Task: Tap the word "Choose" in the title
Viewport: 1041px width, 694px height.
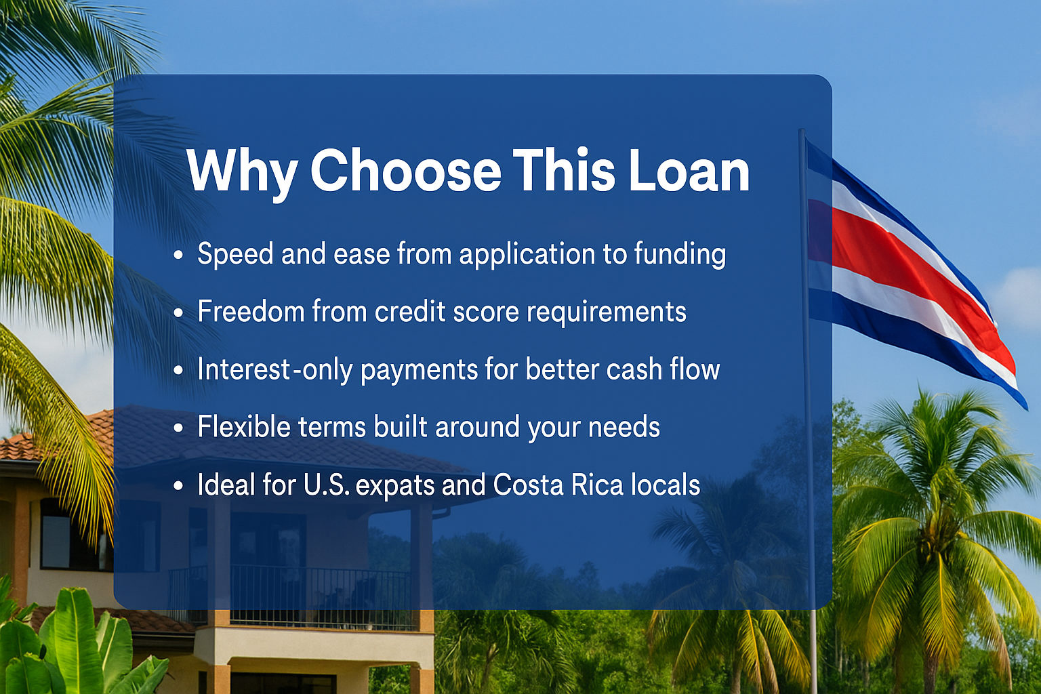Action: coord(406,170)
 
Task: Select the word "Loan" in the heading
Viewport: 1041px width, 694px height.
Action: coord(689,170)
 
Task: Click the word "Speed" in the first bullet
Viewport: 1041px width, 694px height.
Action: coord(235,255)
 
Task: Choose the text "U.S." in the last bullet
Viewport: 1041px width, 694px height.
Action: coord(327,485)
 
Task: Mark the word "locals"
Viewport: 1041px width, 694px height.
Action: coord(666,485)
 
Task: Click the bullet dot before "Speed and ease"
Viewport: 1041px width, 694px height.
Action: coord(178,256)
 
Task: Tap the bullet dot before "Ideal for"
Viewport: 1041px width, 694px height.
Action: coord(178,486)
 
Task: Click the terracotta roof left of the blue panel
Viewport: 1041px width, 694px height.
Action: coord(56,442)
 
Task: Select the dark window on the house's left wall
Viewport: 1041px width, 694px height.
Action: coord(56,535)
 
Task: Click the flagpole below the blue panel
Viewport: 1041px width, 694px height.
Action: coord(814,651)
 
